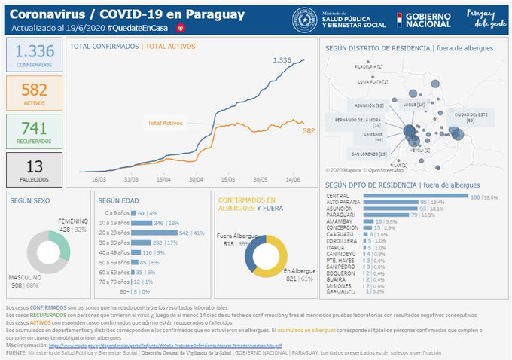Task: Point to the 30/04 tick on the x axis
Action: click(x=197, y=179)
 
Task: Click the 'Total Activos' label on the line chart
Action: click(x=166, y=122)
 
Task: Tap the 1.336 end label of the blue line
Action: click(x=282, y=59)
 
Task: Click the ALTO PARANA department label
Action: click(x=343, y=203)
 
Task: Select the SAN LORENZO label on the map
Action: click(x=372, y=154)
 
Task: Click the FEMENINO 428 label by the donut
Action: click(x=74, y=225)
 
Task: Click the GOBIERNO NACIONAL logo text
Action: click(x=428, y=20)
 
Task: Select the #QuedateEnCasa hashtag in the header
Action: click(x=139, y=28)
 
